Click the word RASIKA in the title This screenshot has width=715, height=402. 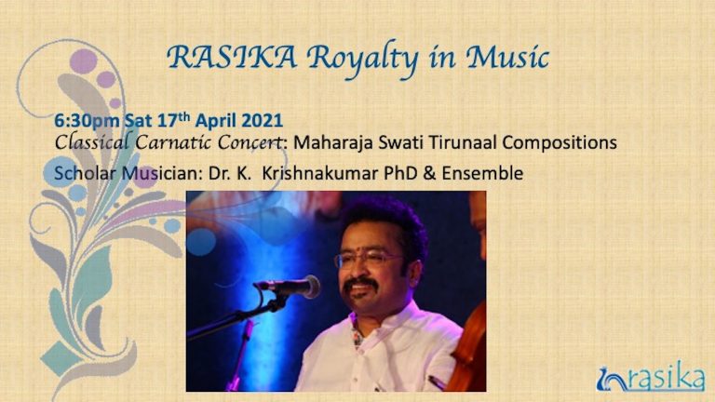[x=232, y=58]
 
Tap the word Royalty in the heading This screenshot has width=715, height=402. [x=362, y=60]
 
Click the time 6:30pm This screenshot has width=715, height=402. [x=88, y=121]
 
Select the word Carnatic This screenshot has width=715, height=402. [x=174, y=142]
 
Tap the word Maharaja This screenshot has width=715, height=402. [x=332, y=143]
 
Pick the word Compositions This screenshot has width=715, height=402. [x=560, y=143]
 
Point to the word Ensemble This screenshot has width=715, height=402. [x=482, y=174]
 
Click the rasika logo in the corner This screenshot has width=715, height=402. [x=650, y=377]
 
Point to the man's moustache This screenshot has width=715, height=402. [x=360, y=285]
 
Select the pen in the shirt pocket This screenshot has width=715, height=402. [x=437, y=382]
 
